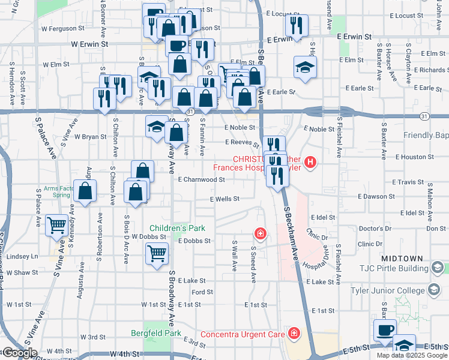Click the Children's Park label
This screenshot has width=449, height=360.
pos(178,228)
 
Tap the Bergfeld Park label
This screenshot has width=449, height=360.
pos(156,333)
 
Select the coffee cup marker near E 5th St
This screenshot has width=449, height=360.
pos(385,329)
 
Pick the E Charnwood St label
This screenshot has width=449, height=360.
pos(201,179)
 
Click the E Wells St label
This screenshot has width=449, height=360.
pos(224,199)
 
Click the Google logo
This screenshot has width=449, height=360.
pos(19,353)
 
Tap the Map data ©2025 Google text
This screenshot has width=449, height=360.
pos(411,355)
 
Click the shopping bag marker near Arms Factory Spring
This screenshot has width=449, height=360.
pos(85,191)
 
